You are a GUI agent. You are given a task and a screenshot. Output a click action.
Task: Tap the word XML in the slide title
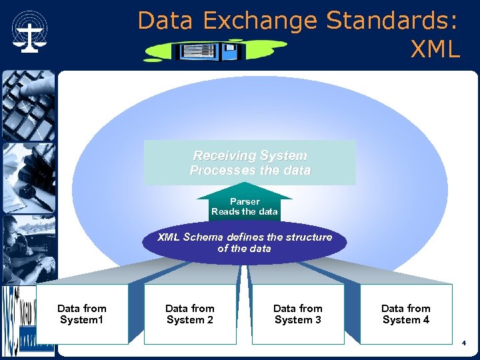(435, 49)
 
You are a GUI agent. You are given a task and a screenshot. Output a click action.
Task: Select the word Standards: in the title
(392, 21)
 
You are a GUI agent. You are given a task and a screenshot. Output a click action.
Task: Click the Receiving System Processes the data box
(250, 163)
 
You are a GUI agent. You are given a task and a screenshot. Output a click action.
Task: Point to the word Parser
(245, 201)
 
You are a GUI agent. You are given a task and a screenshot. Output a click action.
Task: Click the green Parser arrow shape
(245, 203)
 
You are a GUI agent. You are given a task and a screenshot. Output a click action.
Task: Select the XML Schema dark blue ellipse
(245, 243)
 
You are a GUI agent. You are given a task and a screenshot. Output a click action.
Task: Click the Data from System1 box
(82, 314)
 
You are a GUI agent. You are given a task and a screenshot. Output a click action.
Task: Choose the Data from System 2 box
(190, 314)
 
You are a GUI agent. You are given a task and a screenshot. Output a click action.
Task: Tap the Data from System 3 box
(298, 314)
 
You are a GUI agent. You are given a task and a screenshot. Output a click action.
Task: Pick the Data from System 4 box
(406, 314)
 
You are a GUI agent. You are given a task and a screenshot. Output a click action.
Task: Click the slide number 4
(464, 343)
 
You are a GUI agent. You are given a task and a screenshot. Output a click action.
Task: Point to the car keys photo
(27, 177)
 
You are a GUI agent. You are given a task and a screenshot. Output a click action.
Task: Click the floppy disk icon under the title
(231, 51)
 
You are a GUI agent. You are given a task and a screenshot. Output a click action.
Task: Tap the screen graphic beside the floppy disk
(196, 51)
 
